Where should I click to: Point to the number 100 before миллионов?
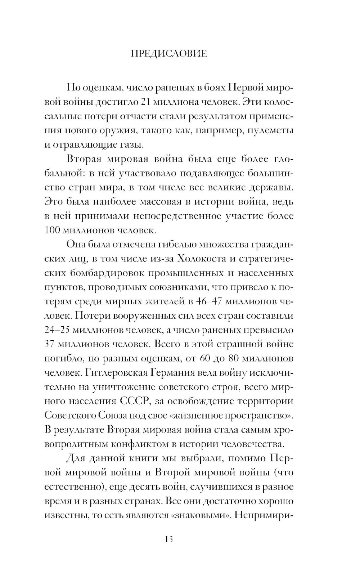point(54,229)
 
